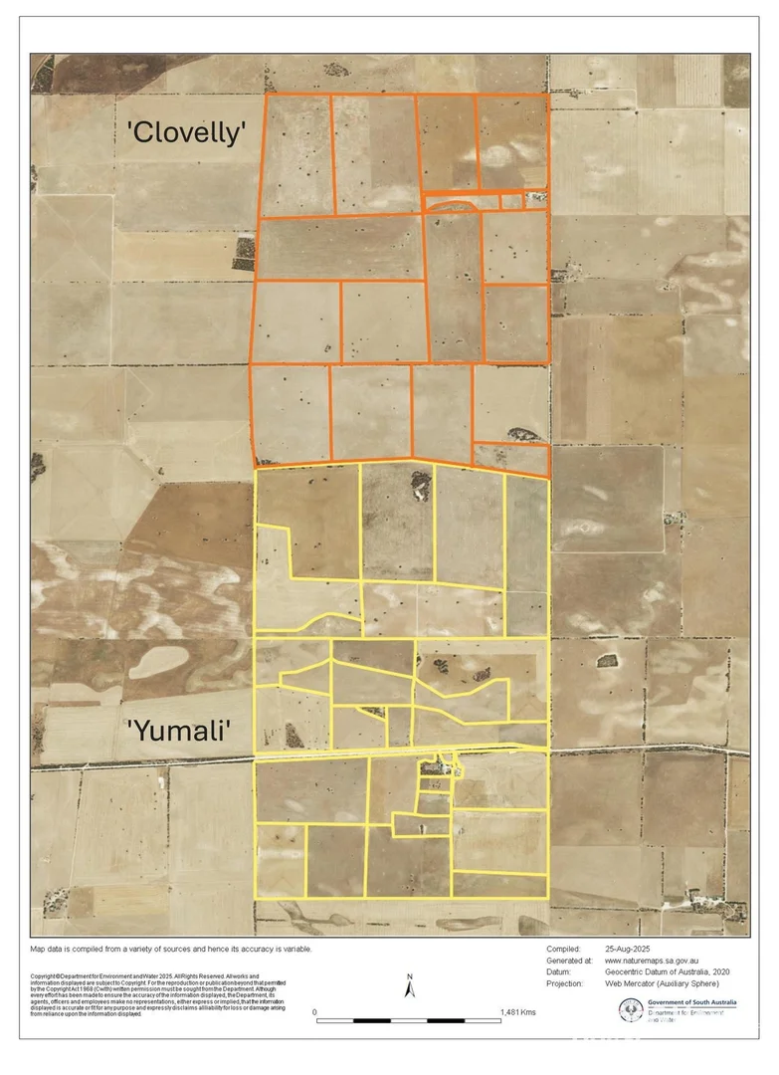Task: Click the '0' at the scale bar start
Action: click(x=315, y=1012)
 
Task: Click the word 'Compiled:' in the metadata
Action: click(x=564, y=949)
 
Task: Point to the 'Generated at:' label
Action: click(x=570, y=961)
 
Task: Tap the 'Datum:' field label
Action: click(x=561, y=972)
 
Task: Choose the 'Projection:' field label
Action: click(x=568, y=983)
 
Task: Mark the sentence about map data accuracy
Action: click(x=171, y=949)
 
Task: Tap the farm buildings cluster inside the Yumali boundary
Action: click(x=436, y=768)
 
